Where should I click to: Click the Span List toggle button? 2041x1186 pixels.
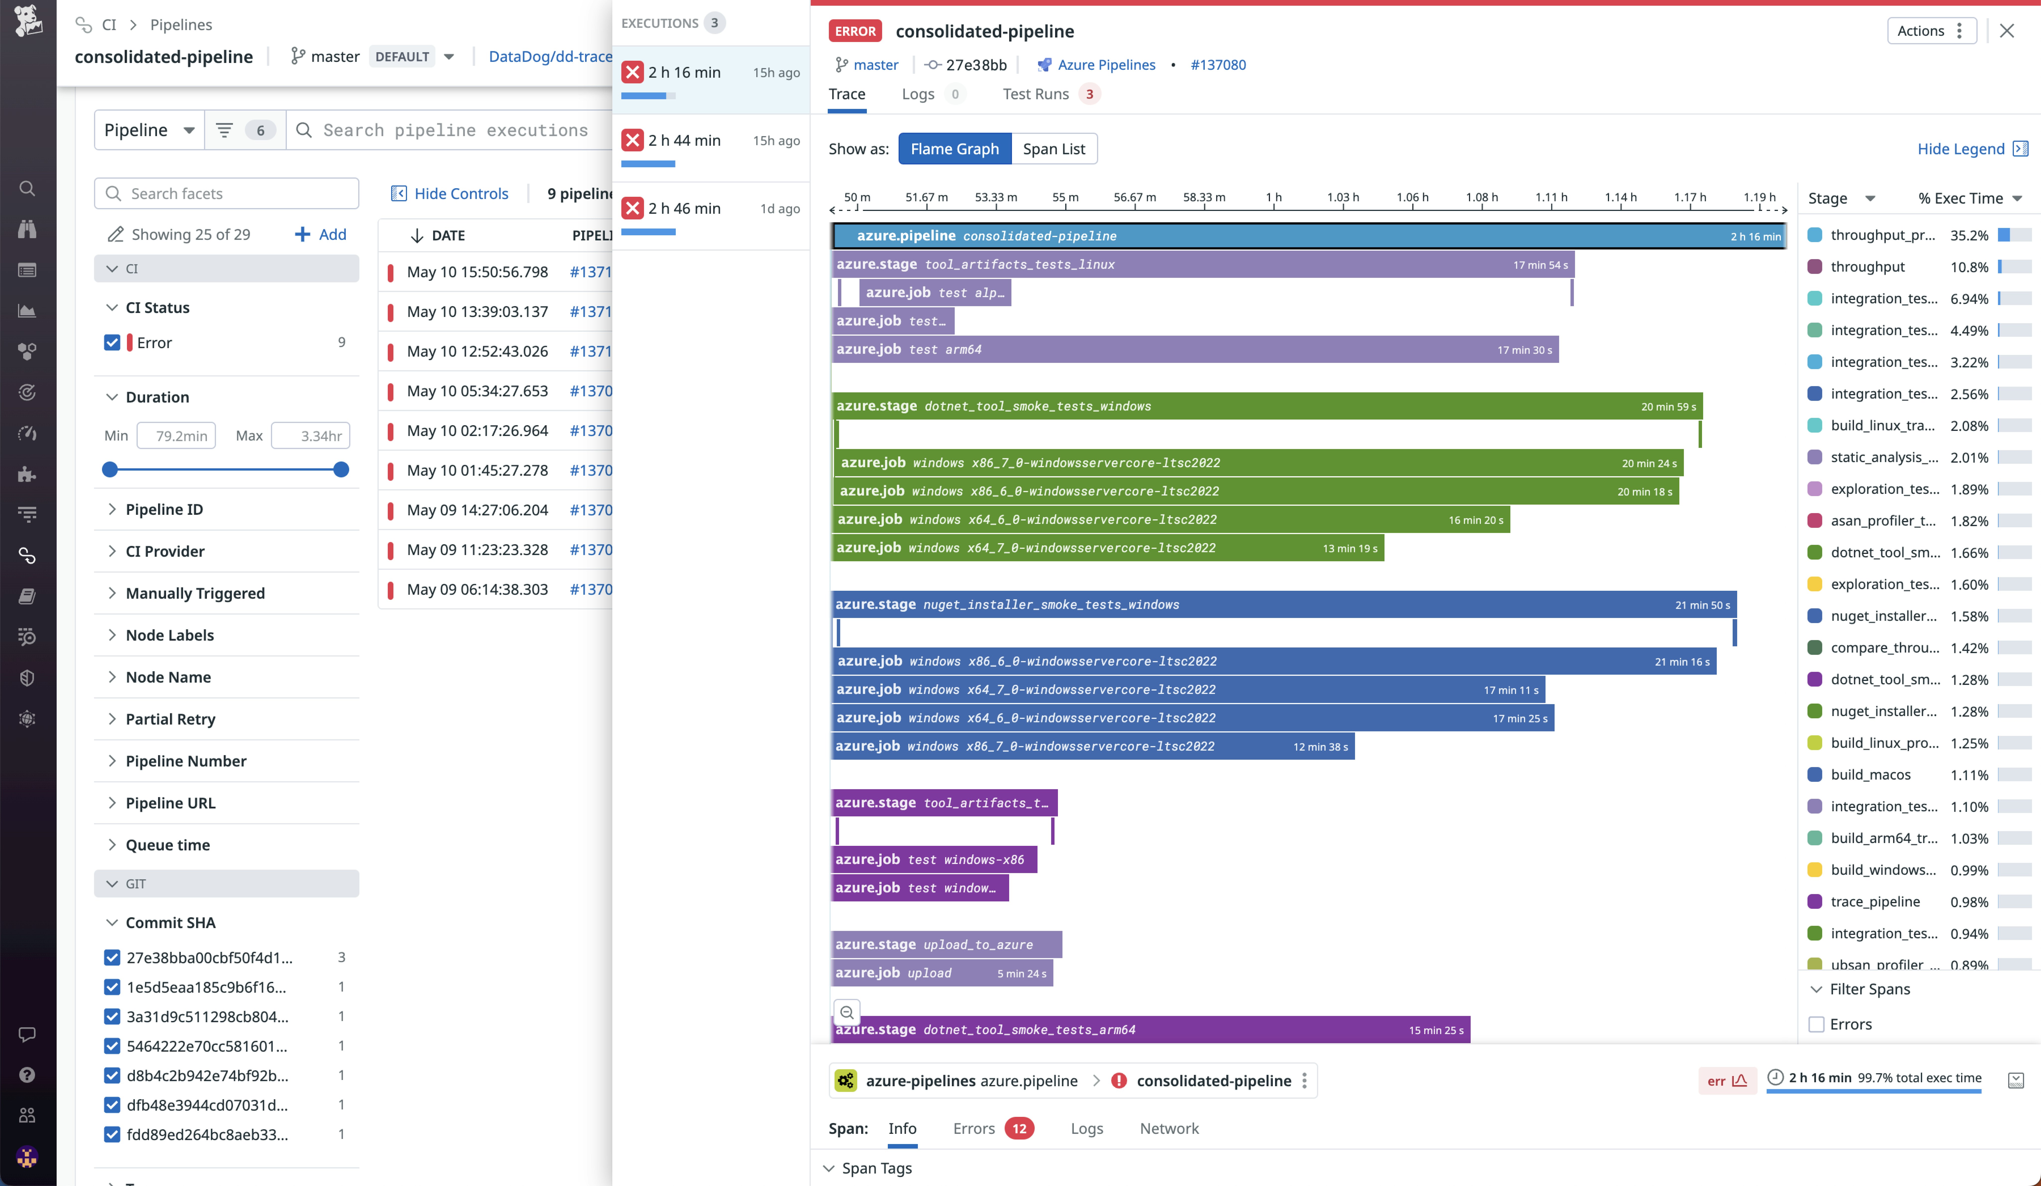coord(1054,149)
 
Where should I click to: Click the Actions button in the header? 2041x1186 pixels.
coord(1930,31)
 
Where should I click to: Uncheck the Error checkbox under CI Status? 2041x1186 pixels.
coord(113,343)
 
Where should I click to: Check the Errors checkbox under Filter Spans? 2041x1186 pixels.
coord(1817,1024)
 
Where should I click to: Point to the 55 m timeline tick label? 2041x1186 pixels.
coord(1065,198)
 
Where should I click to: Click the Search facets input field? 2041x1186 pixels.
coord(227,194)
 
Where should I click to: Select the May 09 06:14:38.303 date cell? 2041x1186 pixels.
coord(477,589)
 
